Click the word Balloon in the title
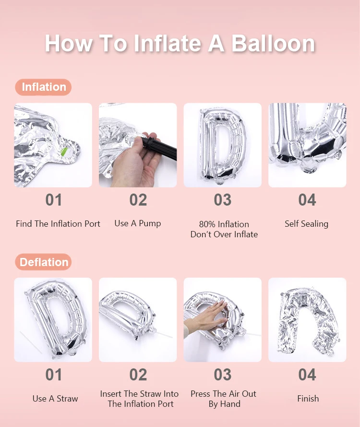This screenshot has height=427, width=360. (274, 44)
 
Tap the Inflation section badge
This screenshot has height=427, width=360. (43, 87)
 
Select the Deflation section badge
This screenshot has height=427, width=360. (43, 262)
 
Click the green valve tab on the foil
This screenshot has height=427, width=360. (64, 152)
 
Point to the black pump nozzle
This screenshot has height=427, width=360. (160, 148)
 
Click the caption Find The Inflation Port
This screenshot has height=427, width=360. (58, 224)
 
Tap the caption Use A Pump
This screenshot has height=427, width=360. (138, 223)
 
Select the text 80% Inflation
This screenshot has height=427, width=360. (224, 224)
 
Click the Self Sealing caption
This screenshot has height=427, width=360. (307, 224)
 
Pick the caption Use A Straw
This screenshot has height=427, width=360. (55, 399)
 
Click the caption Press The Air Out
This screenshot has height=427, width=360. (223, 394)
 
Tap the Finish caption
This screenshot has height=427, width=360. (308, 399)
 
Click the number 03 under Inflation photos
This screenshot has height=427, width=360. (223, 200)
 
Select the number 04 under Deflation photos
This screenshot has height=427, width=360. (307, 375)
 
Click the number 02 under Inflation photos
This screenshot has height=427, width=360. (138, 200)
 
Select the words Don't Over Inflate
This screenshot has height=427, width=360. (224, 234)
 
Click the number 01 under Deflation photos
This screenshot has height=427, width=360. (54, 375)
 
